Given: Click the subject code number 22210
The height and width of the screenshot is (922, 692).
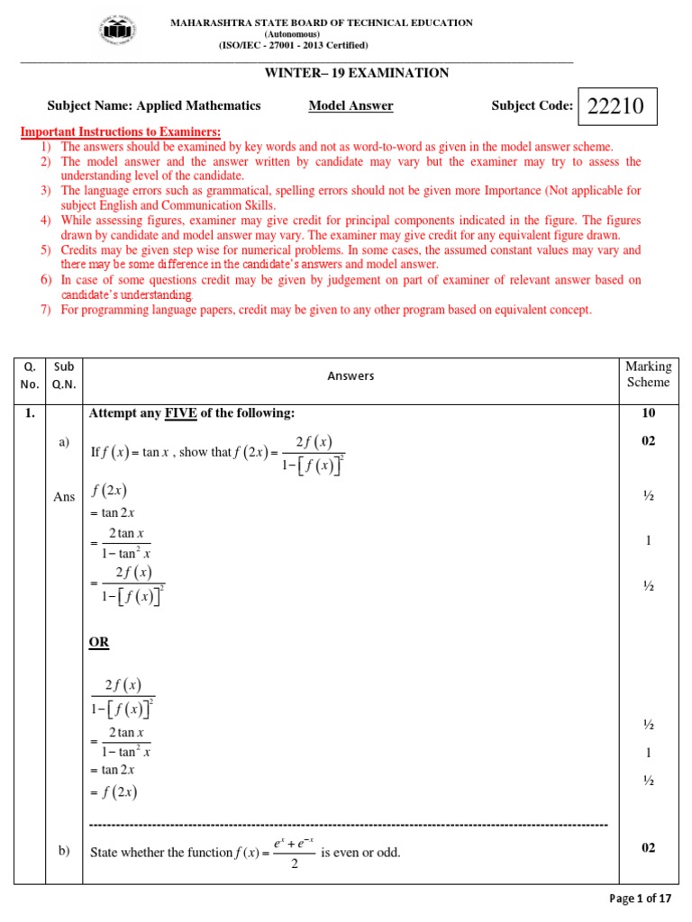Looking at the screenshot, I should (615, 107).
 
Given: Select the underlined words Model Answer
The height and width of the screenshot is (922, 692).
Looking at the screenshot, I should (351, 106).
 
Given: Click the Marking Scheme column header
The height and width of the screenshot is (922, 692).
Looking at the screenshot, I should (648, 375).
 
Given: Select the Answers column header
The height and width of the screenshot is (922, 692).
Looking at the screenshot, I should (351, 375).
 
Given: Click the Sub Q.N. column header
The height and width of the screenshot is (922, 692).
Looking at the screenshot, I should (64, 375).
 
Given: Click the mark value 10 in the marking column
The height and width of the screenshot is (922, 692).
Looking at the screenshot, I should (648, 413).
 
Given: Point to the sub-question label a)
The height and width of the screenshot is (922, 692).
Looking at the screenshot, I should (64, 442).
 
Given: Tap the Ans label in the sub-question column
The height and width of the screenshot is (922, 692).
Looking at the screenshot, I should (64, 497).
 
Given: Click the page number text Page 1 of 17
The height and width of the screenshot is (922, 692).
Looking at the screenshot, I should (641, 899).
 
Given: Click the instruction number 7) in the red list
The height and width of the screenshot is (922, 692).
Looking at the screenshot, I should (45, 310).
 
